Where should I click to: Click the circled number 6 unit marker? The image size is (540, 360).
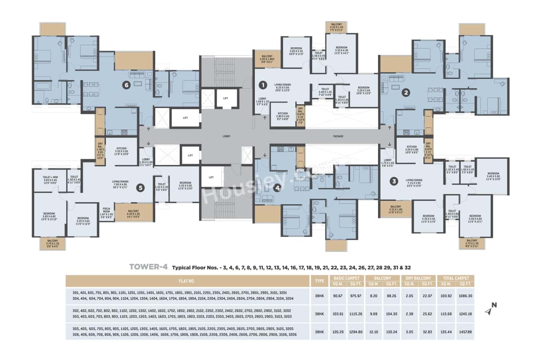click(x=126, y=85)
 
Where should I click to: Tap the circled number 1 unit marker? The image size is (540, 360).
click(x=262, y=85)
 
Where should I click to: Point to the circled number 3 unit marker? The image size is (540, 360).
click(x=394, y=181)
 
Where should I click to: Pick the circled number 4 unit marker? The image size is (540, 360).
click(x=277, y=188)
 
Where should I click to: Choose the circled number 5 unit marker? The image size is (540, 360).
click(x=140, y=188)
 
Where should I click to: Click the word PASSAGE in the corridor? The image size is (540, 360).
click(x=338, y=136)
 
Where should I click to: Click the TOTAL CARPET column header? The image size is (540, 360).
click(x=456, y=278)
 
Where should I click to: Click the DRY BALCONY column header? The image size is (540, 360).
click(x=419, y=278)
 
